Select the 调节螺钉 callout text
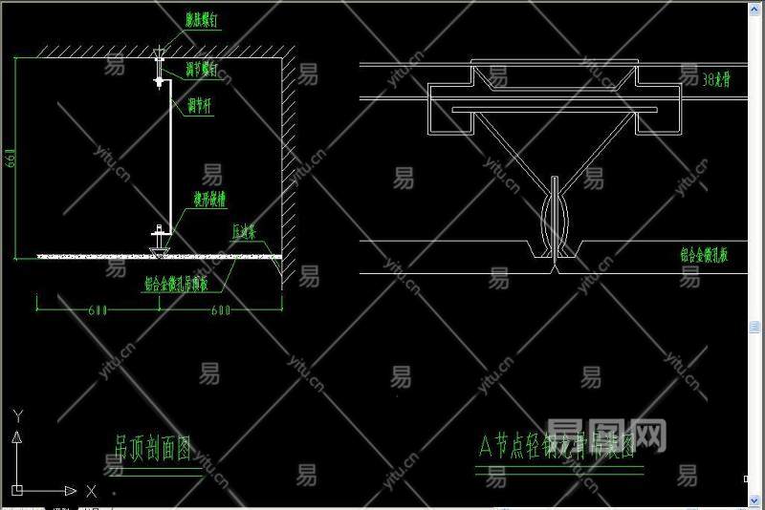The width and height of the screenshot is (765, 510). (202, 70)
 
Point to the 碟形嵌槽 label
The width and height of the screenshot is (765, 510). (209, 200)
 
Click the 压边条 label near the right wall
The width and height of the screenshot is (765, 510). (250, 232)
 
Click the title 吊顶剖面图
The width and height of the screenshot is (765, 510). (153, 445)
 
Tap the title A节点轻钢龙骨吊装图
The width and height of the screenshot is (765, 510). (557, 447)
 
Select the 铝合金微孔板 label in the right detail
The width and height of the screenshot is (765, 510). (704, 255)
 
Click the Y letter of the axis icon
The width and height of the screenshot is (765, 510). (16, 415)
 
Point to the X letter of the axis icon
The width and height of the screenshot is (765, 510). (91, 491)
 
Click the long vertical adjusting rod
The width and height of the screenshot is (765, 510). (170, 158)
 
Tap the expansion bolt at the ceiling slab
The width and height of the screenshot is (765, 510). (159, 49)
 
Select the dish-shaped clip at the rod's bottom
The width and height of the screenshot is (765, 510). (159, 232)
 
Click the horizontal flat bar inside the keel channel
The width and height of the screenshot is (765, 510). (554, 110)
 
